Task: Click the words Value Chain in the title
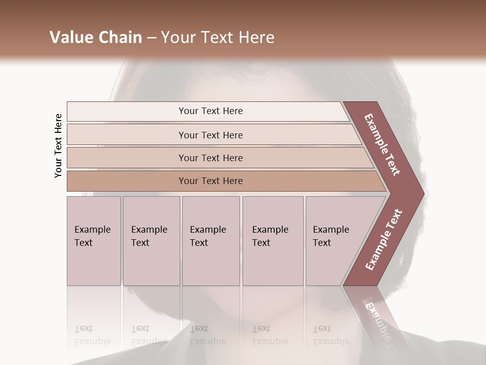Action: pyautogui.click(x=96, y=38)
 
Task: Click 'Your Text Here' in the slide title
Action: pyautogui.click(x=218, y=38)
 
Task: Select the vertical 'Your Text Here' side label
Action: pyautogui.click(x=58, y=145)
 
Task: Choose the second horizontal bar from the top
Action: pyautogui.click(x=211, y=135)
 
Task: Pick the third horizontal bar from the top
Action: pyautogui.click(x=211, y=158)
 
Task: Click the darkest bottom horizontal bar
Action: pyautogui.click(x=211, y=181)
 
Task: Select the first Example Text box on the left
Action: pyautogui.click(x=94, y=241)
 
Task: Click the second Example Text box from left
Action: pyautogui.click(x=151, y=241)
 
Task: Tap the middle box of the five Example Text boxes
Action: pyautogui.click(x=211, y=241)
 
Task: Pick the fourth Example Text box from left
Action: pyautogui.click(x=273, y=241)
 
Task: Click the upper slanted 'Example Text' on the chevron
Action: pyautogui.click(x=382, y=144)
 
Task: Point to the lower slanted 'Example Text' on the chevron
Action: pyautogui.click(x=383, y=240)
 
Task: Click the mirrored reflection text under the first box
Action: pyautogui.click(x=92, y=335)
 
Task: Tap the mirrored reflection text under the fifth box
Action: pyautogui.click(x=331, y=335)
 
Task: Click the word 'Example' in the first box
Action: pyautogui.click(x=92, y=230)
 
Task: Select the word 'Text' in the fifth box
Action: pyautogui.click(x=322, y=243)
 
